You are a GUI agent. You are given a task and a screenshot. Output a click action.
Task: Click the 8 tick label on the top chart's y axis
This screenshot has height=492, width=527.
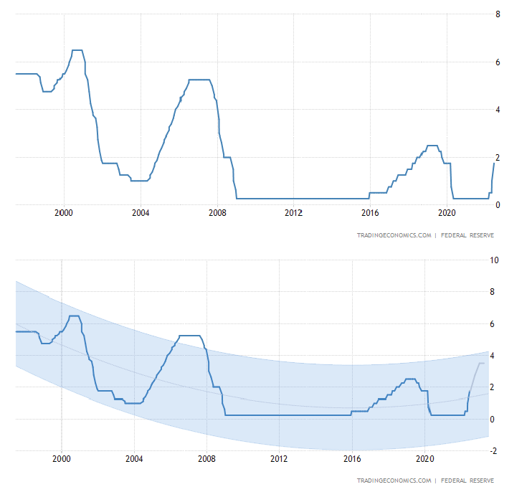coord(498,14)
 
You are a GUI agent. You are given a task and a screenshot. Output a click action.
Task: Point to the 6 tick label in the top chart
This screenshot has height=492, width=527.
coord(498,62)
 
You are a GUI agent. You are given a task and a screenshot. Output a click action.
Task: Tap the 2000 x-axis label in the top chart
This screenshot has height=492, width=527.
coord(65,213)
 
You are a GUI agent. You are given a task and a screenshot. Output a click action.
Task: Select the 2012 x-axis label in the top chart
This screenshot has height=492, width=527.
coord(293,213)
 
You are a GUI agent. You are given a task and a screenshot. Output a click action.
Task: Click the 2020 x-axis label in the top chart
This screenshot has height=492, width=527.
coord(447,213)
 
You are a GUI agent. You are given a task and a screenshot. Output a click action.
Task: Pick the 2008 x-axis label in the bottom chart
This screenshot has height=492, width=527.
coord(206,458)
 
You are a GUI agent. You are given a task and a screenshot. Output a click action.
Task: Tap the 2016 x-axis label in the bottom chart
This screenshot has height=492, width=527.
coord(351,458)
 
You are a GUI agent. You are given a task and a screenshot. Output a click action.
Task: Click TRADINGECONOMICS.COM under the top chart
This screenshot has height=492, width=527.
coord(394,235)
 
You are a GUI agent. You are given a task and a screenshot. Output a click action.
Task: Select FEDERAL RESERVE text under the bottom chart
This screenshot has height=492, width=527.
coord(467,480)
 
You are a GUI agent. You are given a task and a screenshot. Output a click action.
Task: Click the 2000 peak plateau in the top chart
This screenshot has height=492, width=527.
coord(77,50)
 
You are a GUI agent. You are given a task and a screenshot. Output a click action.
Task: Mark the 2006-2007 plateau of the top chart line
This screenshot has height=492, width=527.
coord(199,80)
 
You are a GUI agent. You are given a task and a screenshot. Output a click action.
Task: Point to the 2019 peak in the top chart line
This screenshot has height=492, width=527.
coord(432,146)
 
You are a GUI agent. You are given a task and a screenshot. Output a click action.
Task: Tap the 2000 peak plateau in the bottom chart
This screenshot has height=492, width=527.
coord(74,316)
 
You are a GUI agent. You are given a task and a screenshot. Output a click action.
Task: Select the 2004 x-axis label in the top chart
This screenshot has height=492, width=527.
coord(141,213)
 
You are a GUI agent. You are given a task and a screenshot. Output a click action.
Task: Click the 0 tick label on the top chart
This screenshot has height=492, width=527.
coord(498,205)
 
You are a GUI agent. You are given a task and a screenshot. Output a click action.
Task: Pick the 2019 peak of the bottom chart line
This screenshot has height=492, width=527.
coord(410,379)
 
